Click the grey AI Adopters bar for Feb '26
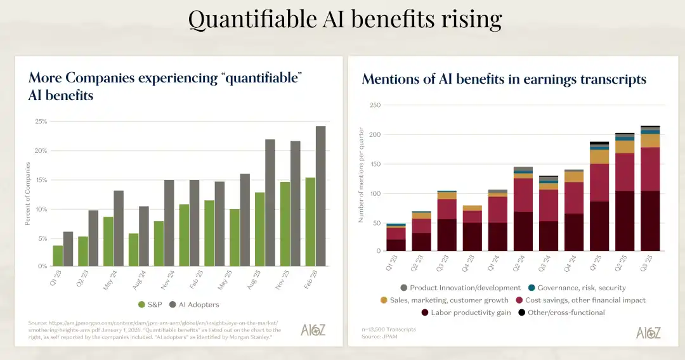coord(320,196)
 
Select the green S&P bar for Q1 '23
coord(58,255)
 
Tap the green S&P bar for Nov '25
coord(285,224)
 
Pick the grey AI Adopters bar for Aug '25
coord(270,202)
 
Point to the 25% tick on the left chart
coord(41,121)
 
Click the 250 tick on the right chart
coord(374,105)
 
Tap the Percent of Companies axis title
coord(27,194)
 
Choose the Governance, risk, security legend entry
coord(577,288)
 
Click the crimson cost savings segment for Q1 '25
coord(599,183)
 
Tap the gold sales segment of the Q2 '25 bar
coord(625,146)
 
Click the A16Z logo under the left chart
coord(313,330)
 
